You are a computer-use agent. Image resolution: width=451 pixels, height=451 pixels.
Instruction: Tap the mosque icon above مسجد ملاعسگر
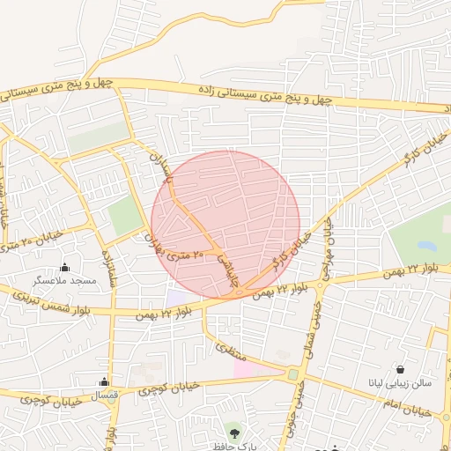[x=63, y=268]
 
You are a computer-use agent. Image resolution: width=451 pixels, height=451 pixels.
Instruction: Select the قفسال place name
[x=104, y=394]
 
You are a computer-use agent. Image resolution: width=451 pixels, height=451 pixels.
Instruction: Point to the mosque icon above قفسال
[x=104, y=381]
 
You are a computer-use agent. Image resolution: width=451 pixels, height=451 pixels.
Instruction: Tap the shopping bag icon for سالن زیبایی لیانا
[x=401, y=369]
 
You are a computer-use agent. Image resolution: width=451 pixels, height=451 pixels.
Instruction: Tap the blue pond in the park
[x=427, y=246]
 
